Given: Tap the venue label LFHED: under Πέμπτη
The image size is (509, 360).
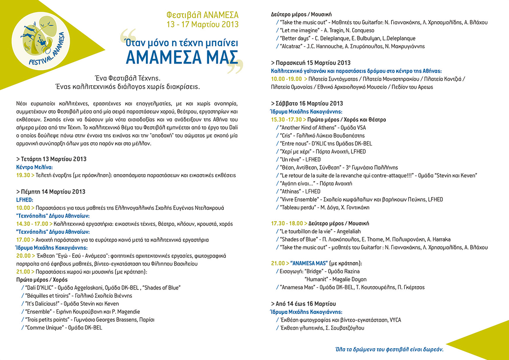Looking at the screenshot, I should pos(25,199).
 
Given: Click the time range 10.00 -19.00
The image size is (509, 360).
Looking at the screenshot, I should pos(286,79).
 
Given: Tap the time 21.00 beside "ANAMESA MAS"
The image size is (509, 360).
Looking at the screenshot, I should pos(278,263).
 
